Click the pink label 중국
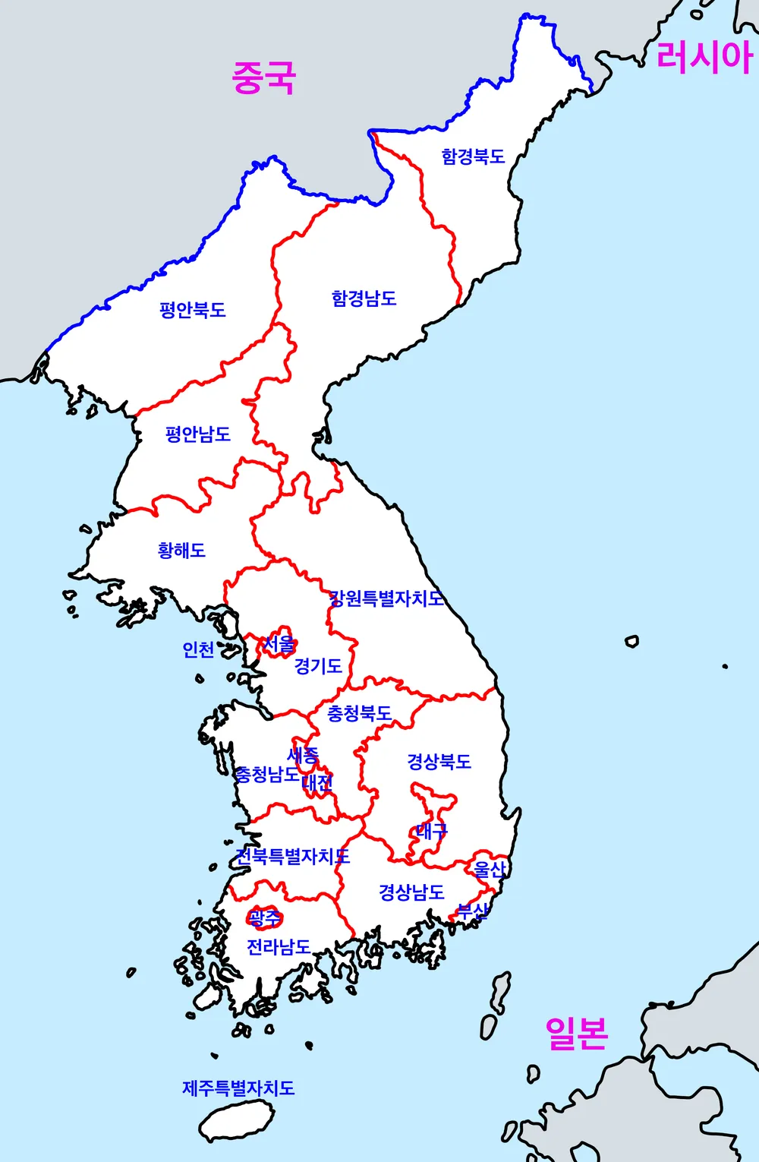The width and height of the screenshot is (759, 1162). (x=263, y=77)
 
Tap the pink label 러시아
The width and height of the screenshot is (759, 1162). (x=704, y=56)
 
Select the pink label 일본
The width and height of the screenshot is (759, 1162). (x=577, y=1033)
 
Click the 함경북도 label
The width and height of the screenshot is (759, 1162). (x=473, y=156)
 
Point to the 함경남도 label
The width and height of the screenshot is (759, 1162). (x=364, y=298)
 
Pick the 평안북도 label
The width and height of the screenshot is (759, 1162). (x=193, y=310)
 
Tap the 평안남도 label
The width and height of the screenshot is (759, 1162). (x=198, y=434)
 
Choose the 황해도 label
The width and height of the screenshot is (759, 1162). (x=181, y=550)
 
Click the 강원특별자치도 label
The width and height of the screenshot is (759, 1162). (x=386, y=598)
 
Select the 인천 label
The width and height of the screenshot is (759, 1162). (x=198, y=650)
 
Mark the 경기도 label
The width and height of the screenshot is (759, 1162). (x=318, y=666)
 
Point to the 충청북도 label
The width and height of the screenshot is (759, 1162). (x=359, y=713)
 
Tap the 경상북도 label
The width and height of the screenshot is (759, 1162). (x=439, y=761)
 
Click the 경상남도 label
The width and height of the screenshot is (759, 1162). (x=411, y=892)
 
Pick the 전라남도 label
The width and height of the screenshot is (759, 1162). (x=279, y=947)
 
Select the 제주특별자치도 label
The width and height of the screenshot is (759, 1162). (x=238, y=1088)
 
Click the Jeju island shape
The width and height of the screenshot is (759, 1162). (x=237, y=1121)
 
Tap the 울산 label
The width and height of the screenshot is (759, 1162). (x=490, y=869)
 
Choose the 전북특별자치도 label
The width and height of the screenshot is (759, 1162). (x=293, y=857)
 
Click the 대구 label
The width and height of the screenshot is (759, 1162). (x=432, y=831)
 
